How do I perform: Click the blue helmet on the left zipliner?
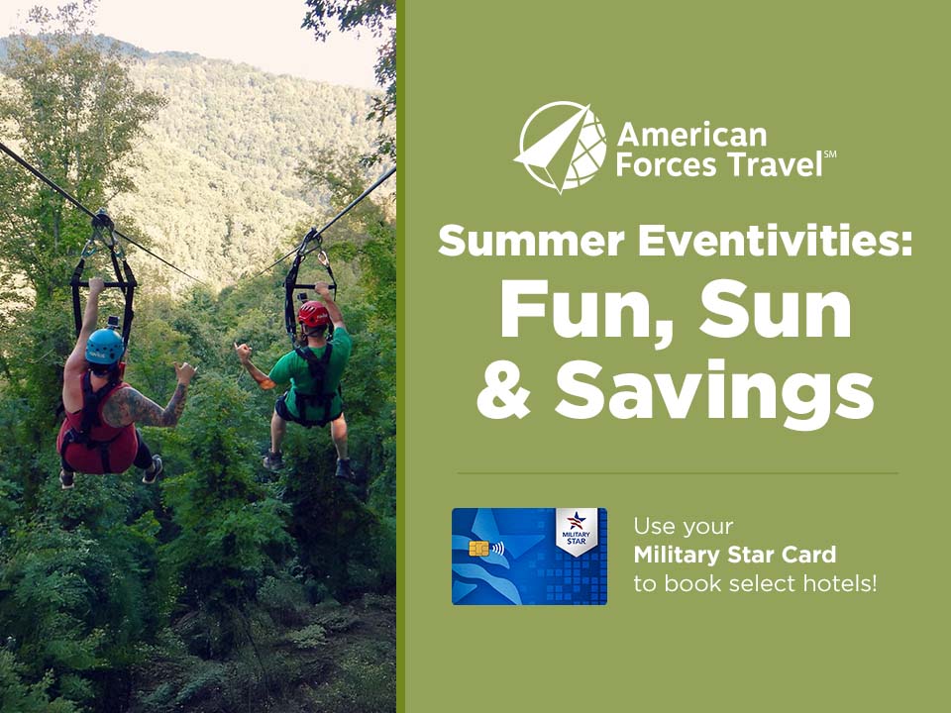(105, 347)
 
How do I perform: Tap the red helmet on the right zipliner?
(314, 315)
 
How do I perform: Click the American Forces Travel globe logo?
(562, 147)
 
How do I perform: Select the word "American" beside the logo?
(692, 135)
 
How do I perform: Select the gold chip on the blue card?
(478, 550)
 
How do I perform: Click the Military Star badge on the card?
(577, 532)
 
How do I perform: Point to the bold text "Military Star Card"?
(734, 555)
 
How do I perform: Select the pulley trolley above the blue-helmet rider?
(102, 220)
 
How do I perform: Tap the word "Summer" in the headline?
(531, 240)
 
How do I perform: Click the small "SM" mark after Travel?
(830, 154)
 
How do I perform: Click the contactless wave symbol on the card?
(496, 549)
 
